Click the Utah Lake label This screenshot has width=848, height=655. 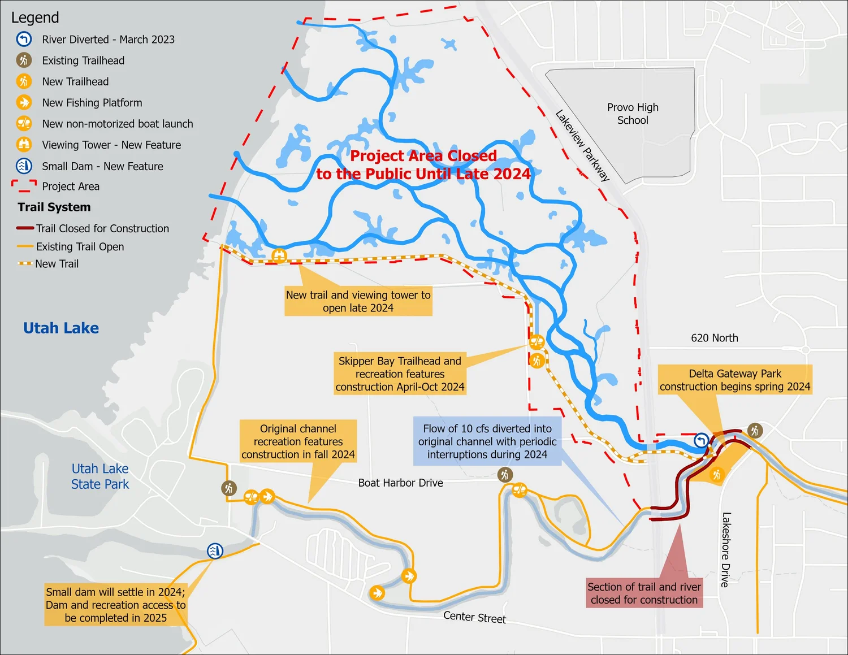(61, 328)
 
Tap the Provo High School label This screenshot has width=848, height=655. (633, 114)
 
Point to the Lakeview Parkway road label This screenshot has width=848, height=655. (582, 145)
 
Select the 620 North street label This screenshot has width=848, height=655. (714, 338)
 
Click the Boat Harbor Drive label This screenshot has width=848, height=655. (400, 483)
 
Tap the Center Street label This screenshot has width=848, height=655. (474, 617)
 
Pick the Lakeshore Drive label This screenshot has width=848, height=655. (726, 549)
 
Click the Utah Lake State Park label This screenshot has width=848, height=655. (100, 476)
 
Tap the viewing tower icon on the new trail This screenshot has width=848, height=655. (279, 256)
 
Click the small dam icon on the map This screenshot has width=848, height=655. (215, 550)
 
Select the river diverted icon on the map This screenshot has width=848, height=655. (701, 440)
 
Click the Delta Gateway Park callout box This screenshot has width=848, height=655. (735, 380)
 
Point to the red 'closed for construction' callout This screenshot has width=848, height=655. (644, 593)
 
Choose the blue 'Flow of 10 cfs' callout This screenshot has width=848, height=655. (487, 441)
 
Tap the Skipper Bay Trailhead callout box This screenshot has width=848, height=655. (400, 374)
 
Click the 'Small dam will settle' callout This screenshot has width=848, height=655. (115, 605)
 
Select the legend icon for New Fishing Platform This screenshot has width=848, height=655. (24, 102)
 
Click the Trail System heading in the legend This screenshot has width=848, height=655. (54, 207)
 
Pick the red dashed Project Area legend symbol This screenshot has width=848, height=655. (24, 186)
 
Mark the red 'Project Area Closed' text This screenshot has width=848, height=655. (423, 164)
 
